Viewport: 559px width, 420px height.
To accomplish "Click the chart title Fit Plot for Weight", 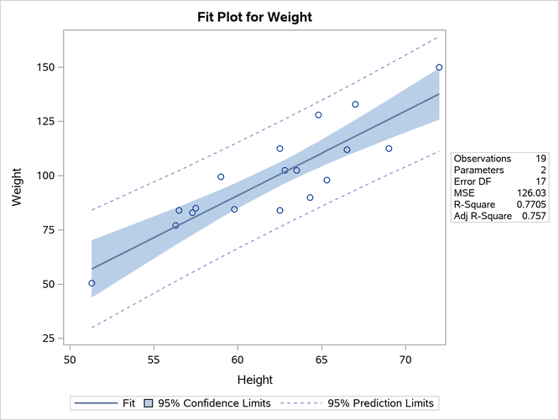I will click(258, 16).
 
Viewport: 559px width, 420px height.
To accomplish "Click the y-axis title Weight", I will click(17, 189).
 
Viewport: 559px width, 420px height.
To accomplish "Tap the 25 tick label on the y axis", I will click(50, 339).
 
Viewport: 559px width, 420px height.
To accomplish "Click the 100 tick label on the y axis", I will click(47, 176).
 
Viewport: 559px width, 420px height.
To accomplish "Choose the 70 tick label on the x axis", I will click(405, 360).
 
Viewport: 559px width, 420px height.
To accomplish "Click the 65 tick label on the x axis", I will click(321, 360).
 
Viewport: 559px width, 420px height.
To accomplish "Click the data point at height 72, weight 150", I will click(439, 67).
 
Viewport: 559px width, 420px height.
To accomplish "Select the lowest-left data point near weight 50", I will click(91, 283).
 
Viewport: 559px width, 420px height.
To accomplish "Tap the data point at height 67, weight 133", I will click(355, 104).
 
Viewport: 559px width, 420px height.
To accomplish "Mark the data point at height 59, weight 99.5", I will click(221, 176).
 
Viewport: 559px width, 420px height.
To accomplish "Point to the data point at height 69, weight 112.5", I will click(389, 149).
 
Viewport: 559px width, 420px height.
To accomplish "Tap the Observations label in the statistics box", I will click(483, 158).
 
